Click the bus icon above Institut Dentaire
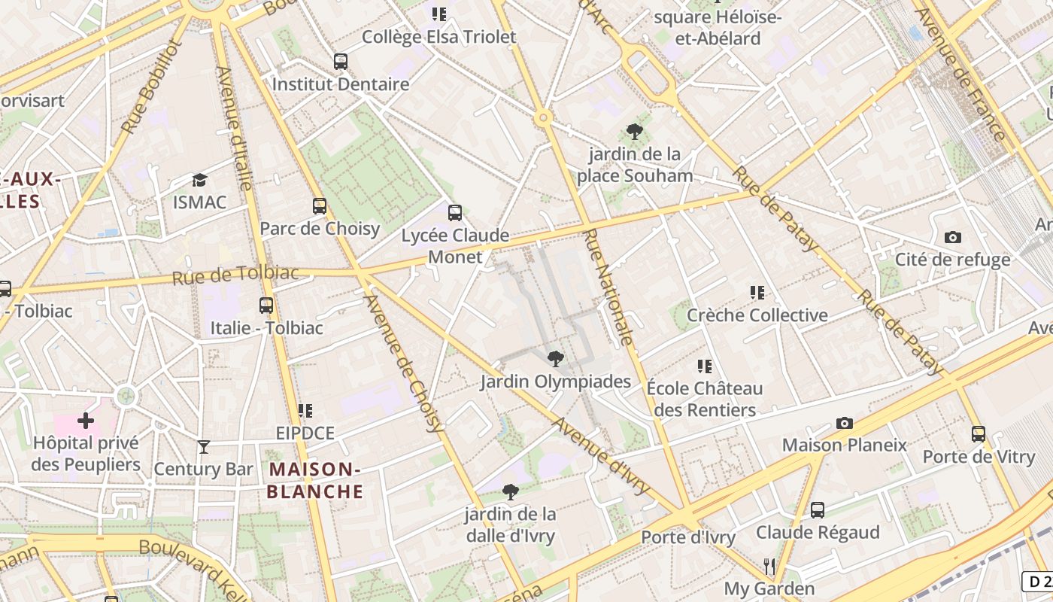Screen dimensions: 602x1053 (x=341, y=61)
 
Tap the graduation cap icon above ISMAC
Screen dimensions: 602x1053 (x=199, y=180)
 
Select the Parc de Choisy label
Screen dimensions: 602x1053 (x=320, y=228)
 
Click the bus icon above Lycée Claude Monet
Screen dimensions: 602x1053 (x=454, y=212)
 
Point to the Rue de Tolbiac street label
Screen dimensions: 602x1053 (x=235, y=275)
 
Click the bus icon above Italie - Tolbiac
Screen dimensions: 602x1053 (x=266, y=305)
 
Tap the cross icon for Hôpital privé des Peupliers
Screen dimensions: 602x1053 (x=86, y=420)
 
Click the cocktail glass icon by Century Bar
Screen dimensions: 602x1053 (x=203, y=447)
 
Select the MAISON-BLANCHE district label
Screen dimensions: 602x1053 (x=315, y=481)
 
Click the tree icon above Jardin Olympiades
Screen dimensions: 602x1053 (x=555, y=358)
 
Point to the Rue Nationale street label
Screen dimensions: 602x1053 (x=608, y=287)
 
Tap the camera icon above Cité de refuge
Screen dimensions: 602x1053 (x=952, y=237)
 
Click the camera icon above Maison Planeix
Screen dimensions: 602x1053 (x=845, y=423)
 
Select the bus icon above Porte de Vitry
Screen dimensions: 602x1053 (x=978, y=433)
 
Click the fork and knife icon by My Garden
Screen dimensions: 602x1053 (x=769, y=566)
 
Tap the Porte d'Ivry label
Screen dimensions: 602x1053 (x=687, y=537)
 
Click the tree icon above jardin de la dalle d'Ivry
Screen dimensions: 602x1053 (x=510, y=492)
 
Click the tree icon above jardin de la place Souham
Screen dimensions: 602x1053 (x=634, y=132)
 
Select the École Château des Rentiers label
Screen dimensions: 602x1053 (x=705, y=400)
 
